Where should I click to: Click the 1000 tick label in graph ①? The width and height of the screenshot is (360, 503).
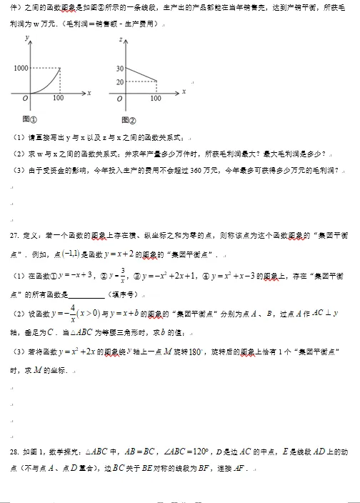tap(21, 68)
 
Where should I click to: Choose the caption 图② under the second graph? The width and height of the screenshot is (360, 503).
tap(129, 119)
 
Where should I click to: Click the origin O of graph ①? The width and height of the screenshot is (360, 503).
tap(24, 98)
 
